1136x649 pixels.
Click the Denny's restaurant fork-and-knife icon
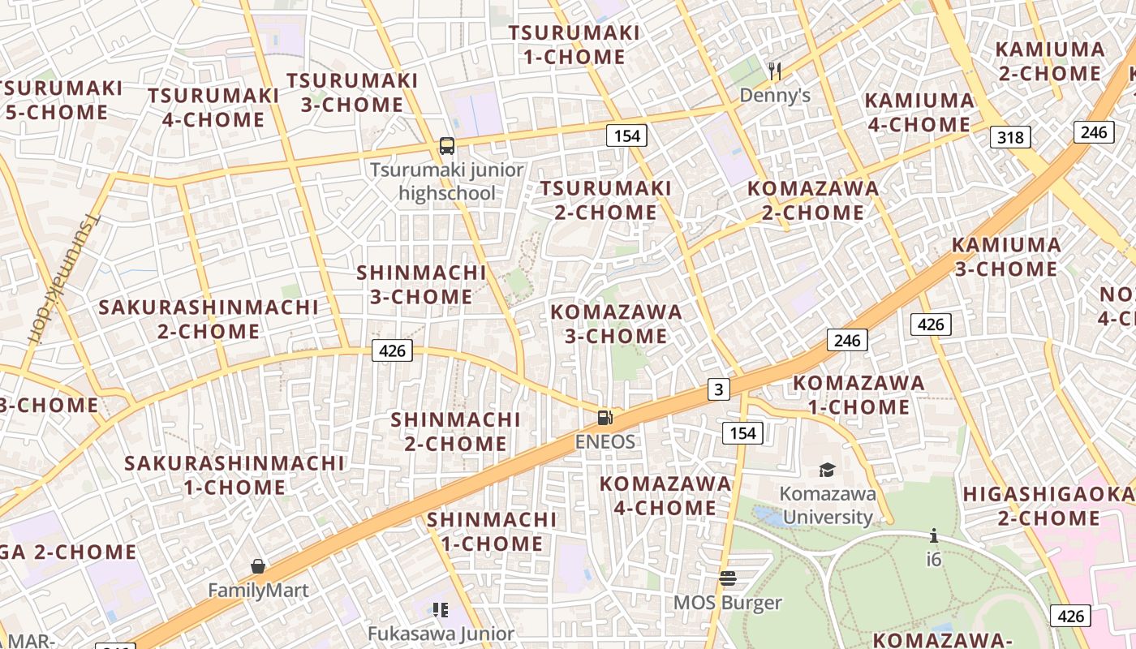coord(775,71)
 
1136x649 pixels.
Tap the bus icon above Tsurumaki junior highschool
coord(447,146)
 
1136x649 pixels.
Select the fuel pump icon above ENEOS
coord(605,418)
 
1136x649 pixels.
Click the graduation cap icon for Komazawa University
coord(827,470)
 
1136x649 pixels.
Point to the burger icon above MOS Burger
coord(728,578)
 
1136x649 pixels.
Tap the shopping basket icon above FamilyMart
coord(258,566)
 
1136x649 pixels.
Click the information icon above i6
coord(934,535)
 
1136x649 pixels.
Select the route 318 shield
coord(1010,137)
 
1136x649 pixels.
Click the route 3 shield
coord(717,389)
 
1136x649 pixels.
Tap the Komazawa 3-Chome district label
coord(616,324)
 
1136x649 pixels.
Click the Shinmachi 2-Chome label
coord(455,432)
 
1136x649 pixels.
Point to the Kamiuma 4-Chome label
coord(919,113)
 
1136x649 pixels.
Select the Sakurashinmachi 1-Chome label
coord(235,475)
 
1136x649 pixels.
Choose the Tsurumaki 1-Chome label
coord(574,45)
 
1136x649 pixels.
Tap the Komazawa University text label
coord(828,505)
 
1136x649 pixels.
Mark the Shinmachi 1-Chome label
coord(492,531)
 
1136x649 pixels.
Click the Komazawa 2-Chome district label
coord(812,200)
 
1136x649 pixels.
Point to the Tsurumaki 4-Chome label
coord(213,107)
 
